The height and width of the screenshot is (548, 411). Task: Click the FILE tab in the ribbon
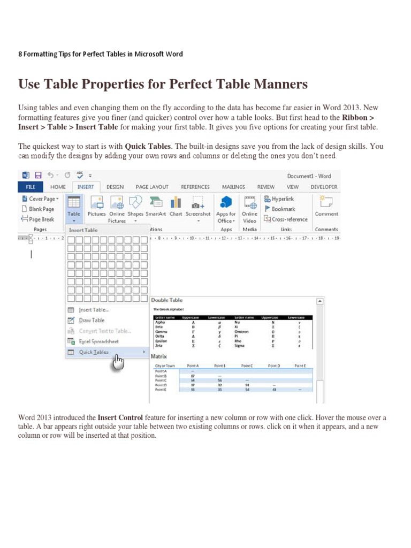click(x=31, y=187)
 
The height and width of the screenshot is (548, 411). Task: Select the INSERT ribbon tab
click(x=86, y=187)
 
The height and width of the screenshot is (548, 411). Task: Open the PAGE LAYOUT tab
click(x=152, y=187)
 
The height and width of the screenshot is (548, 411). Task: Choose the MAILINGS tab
click(x=233, y=187)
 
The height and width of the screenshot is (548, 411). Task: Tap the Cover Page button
click(x=39, y=199)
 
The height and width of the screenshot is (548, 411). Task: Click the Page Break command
click(x=38, y=219)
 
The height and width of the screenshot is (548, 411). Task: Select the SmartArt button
click(x=156, y=206)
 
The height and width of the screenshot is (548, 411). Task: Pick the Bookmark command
click(x=281, y=209)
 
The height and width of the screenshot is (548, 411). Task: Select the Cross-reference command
click(x=286, y=219)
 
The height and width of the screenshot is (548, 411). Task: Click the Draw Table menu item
click(x=92, y=320)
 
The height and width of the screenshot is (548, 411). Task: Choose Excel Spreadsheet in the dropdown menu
click(x=99, y=341)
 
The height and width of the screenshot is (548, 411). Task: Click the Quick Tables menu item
click(x=94, y=352)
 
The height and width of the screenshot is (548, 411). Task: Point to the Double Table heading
click(x=166, y=300)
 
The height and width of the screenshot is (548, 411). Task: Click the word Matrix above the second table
click(x=159, y=356)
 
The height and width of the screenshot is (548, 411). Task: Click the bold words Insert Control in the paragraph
click(x=120, y=417)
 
